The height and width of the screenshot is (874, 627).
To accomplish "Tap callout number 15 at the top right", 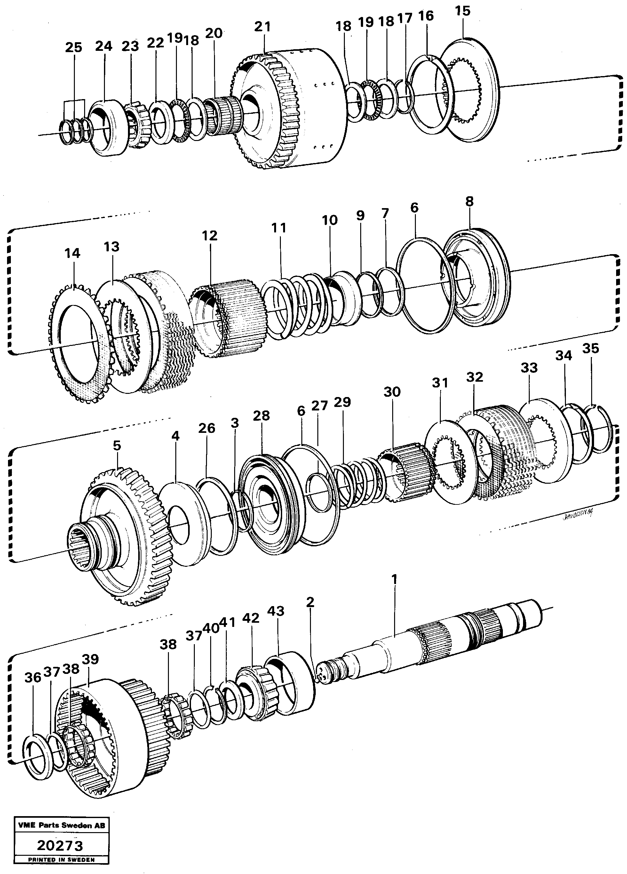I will [x=462, y=11].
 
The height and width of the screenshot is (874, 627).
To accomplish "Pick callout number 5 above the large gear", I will [x=117, y=446].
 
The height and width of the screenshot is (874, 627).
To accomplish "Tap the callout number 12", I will [x=210, y=236].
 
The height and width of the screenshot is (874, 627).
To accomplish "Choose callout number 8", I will [x=469, y=201].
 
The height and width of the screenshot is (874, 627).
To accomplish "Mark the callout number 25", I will [x=73, y=47].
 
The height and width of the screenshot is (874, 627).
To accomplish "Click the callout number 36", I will [x=32, y=677].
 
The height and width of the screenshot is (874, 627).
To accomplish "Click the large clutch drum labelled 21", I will [x=293, y=112].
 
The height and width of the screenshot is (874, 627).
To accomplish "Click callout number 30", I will [x=392, y=392].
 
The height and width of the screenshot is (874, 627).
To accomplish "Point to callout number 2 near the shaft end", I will [x=310, y=602].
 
